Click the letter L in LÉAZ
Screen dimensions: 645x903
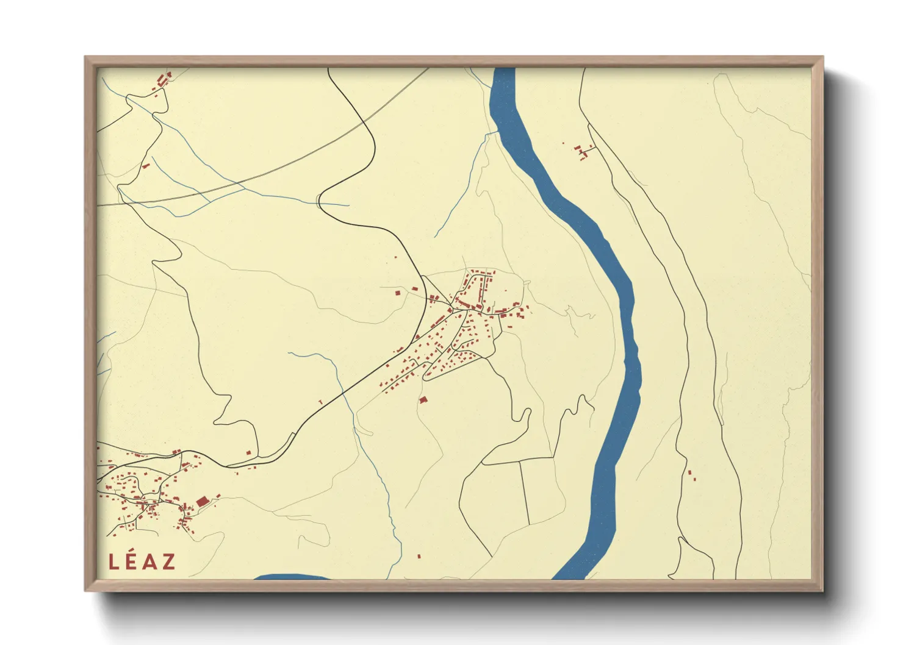click(113, 561)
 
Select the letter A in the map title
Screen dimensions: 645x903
click(149, 561)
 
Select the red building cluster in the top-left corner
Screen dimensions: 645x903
click(163, 81)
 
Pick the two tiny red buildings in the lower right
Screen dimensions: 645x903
click(691, 475)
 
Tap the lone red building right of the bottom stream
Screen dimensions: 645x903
click(419, 556)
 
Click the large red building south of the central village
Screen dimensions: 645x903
click(423, 399)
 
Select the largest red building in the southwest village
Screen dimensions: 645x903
click(202, 502)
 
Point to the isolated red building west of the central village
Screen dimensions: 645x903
click(398, 293)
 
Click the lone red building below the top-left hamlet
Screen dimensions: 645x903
click(145, 165)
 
